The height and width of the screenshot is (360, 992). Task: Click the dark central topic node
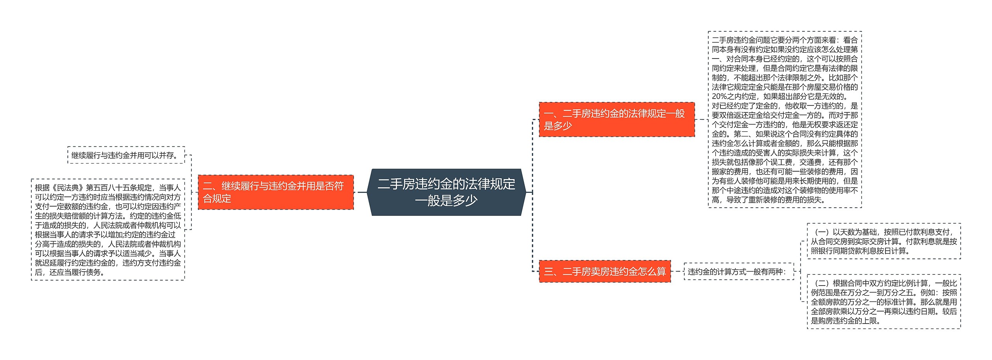pos(446,192)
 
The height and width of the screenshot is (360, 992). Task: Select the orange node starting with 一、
pos(616,119)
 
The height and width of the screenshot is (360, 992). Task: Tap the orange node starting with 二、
pos(276,192)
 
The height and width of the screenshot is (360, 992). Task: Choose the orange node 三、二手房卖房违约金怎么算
pos(604,271)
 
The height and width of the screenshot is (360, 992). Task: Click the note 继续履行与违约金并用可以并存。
pos(126,155)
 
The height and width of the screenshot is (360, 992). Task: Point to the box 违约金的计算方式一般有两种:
pos(739,272)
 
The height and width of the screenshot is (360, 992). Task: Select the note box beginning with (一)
pos(883,241)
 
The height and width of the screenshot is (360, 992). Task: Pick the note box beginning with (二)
pos(883,302)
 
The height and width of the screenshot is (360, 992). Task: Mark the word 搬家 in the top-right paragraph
pos(719,172)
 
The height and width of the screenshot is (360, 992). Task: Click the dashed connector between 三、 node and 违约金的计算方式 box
pos(677,271)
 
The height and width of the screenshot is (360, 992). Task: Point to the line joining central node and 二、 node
pos(362,192)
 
